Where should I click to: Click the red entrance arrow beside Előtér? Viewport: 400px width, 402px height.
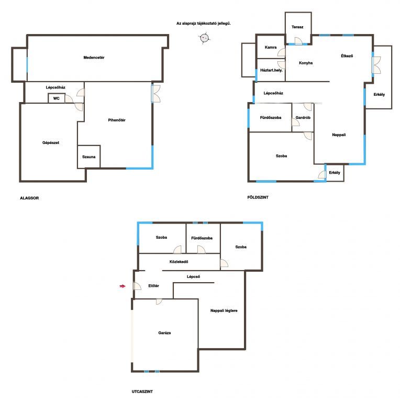123,286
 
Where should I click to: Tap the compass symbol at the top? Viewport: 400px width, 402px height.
204,38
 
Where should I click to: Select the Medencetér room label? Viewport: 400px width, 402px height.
94,58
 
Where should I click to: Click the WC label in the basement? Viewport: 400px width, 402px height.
56,98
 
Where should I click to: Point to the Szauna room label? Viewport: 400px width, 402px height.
88,157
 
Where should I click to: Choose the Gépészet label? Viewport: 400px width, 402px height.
51,142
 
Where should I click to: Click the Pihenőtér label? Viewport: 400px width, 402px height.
117,120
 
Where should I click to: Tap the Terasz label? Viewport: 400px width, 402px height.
297,27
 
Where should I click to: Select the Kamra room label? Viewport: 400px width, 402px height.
271,47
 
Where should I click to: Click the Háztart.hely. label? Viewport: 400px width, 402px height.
271,70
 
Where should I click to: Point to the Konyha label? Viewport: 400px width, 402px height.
306,63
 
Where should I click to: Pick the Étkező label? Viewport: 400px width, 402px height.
347,56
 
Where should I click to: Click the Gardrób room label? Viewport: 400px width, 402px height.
303,117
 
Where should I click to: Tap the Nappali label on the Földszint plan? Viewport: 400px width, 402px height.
339,135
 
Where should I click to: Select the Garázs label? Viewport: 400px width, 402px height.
164,333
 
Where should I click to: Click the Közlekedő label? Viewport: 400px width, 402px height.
179,262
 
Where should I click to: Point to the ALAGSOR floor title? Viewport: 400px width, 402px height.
29,198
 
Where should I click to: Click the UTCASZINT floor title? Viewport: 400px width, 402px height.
142,392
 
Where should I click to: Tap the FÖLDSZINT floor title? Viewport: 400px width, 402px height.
258,197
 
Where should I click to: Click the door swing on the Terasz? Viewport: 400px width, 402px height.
298,41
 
